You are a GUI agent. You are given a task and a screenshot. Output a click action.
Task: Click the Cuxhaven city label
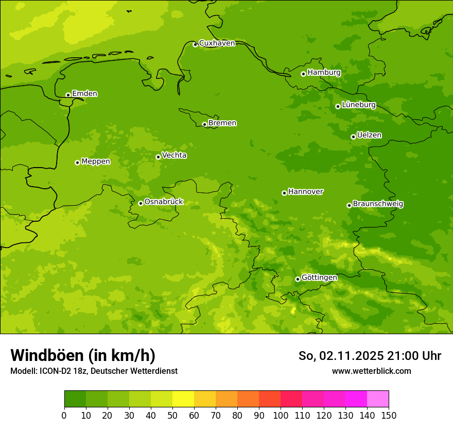[217, 43]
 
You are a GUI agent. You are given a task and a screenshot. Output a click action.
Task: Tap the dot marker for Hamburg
[303, 74]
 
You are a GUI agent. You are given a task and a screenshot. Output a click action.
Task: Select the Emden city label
[84, 94]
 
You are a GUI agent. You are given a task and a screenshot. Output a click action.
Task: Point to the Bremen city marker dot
[204, 124]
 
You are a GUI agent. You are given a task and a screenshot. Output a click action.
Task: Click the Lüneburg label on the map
[358, 105]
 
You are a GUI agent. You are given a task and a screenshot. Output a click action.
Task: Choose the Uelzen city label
[369, 135]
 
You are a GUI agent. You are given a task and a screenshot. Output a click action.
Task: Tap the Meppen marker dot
[77, 162]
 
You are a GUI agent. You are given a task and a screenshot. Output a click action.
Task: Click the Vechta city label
[174, 155]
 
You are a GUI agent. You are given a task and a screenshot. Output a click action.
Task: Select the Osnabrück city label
[164, 202]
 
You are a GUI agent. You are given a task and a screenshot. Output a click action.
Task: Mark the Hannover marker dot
[284, 193]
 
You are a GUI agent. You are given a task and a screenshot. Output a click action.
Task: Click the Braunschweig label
[378, 204]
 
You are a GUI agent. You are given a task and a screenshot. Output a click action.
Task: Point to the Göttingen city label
[319, 277]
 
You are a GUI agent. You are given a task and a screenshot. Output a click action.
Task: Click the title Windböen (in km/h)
[83, 355]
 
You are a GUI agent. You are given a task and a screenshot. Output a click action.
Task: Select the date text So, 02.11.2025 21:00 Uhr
[370, 356]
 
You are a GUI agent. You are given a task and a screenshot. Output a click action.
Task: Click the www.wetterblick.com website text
[371, 371]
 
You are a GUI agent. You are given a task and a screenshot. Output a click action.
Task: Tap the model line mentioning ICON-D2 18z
[94, 371]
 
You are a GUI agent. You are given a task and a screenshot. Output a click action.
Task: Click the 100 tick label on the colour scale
[281, 415]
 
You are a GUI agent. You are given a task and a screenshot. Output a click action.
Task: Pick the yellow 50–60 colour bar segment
[183, 399]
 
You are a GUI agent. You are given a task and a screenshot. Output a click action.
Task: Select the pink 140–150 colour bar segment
[378, 399]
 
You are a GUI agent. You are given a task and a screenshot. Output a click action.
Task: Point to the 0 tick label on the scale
[64, 415]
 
